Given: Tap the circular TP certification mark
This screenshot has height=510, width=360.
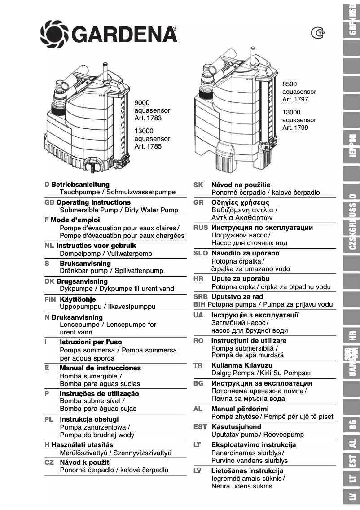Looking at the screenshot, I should [318, 32].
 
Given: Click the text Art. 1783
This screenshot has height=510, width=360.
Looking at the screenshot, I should [148, 118].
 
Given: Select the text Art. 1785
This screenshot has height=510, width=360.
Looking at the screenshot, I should [148, 146].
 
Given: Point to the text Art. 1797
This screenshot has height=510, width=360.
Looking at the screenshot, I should [295, 99].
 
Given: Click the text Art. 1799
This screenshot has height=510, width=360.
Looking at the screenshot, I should [295, 127].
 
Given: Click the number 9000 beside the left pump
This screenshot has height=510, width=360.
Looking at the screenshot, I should [142, 103].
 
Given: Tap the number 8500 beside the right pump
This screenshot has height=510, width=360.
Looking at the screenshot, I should [290, 84].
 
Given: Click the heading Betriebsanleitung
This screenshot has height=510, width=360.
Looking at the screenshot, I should [80, 185].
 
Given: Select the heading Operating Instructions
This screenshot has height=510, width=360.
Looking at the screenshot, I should [93, 202].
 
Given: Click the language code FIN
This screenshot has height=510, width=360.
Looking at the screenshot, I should [51, 299].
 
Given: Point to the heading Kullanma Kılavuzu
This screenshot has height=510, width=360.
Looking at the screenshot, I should [242, 365].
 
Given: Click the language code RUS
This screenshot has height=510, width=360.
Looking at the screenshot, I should [201, 228].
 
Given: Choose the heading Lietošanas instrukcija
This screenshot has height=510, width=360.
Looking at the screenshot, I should [247, 471].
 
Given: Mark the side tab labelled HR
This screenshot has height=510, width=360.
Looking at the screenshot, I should [352, 335].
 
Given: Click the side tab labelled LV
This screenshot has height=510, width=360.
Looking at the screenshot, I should [352, 497].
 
